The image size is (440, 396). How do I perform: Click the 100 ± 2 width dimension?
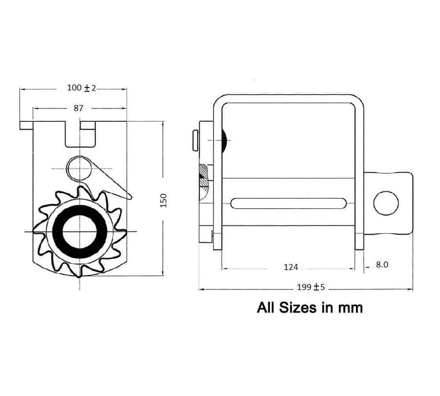(81, 88)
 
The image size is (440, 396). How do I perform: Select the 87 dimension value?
(78, 108)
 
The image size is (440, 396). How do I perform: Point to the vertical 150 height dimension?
(163, 200)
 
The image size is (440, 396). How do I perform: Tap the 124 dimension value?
(291, 267)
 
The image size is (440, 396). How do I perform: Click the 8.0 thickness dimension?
(382, 265)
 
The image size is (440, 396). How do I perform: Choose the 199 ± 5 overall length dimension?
(311, 287)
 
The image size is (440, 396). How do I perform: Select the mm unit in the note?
(350, 308)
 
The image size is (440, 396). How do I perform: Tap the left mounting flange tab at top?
(26, 125)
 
